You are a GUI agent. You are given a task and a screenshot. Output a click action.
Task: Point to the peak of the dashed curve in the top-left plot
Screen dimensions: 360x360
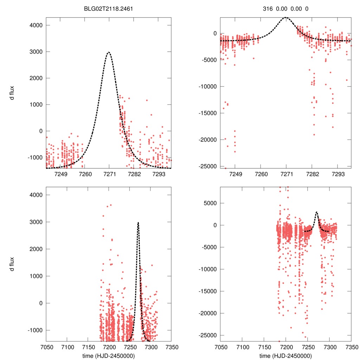point(109,52)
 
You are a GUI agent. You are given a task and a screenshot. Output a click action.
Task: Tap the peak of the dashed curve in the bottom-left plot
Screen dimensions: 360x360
point(138,222)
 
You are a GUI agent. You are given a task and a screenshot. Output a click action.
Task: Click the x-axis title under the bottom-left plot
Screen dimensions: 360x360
point(109,355)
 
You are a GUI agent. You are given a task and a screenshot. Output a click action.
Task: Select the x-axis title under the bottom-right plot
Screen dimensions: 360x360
point(285,355)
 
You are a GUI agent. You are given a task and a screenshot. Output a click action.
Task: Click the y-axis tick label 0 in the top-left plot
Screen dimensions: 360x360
point(41,131)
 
